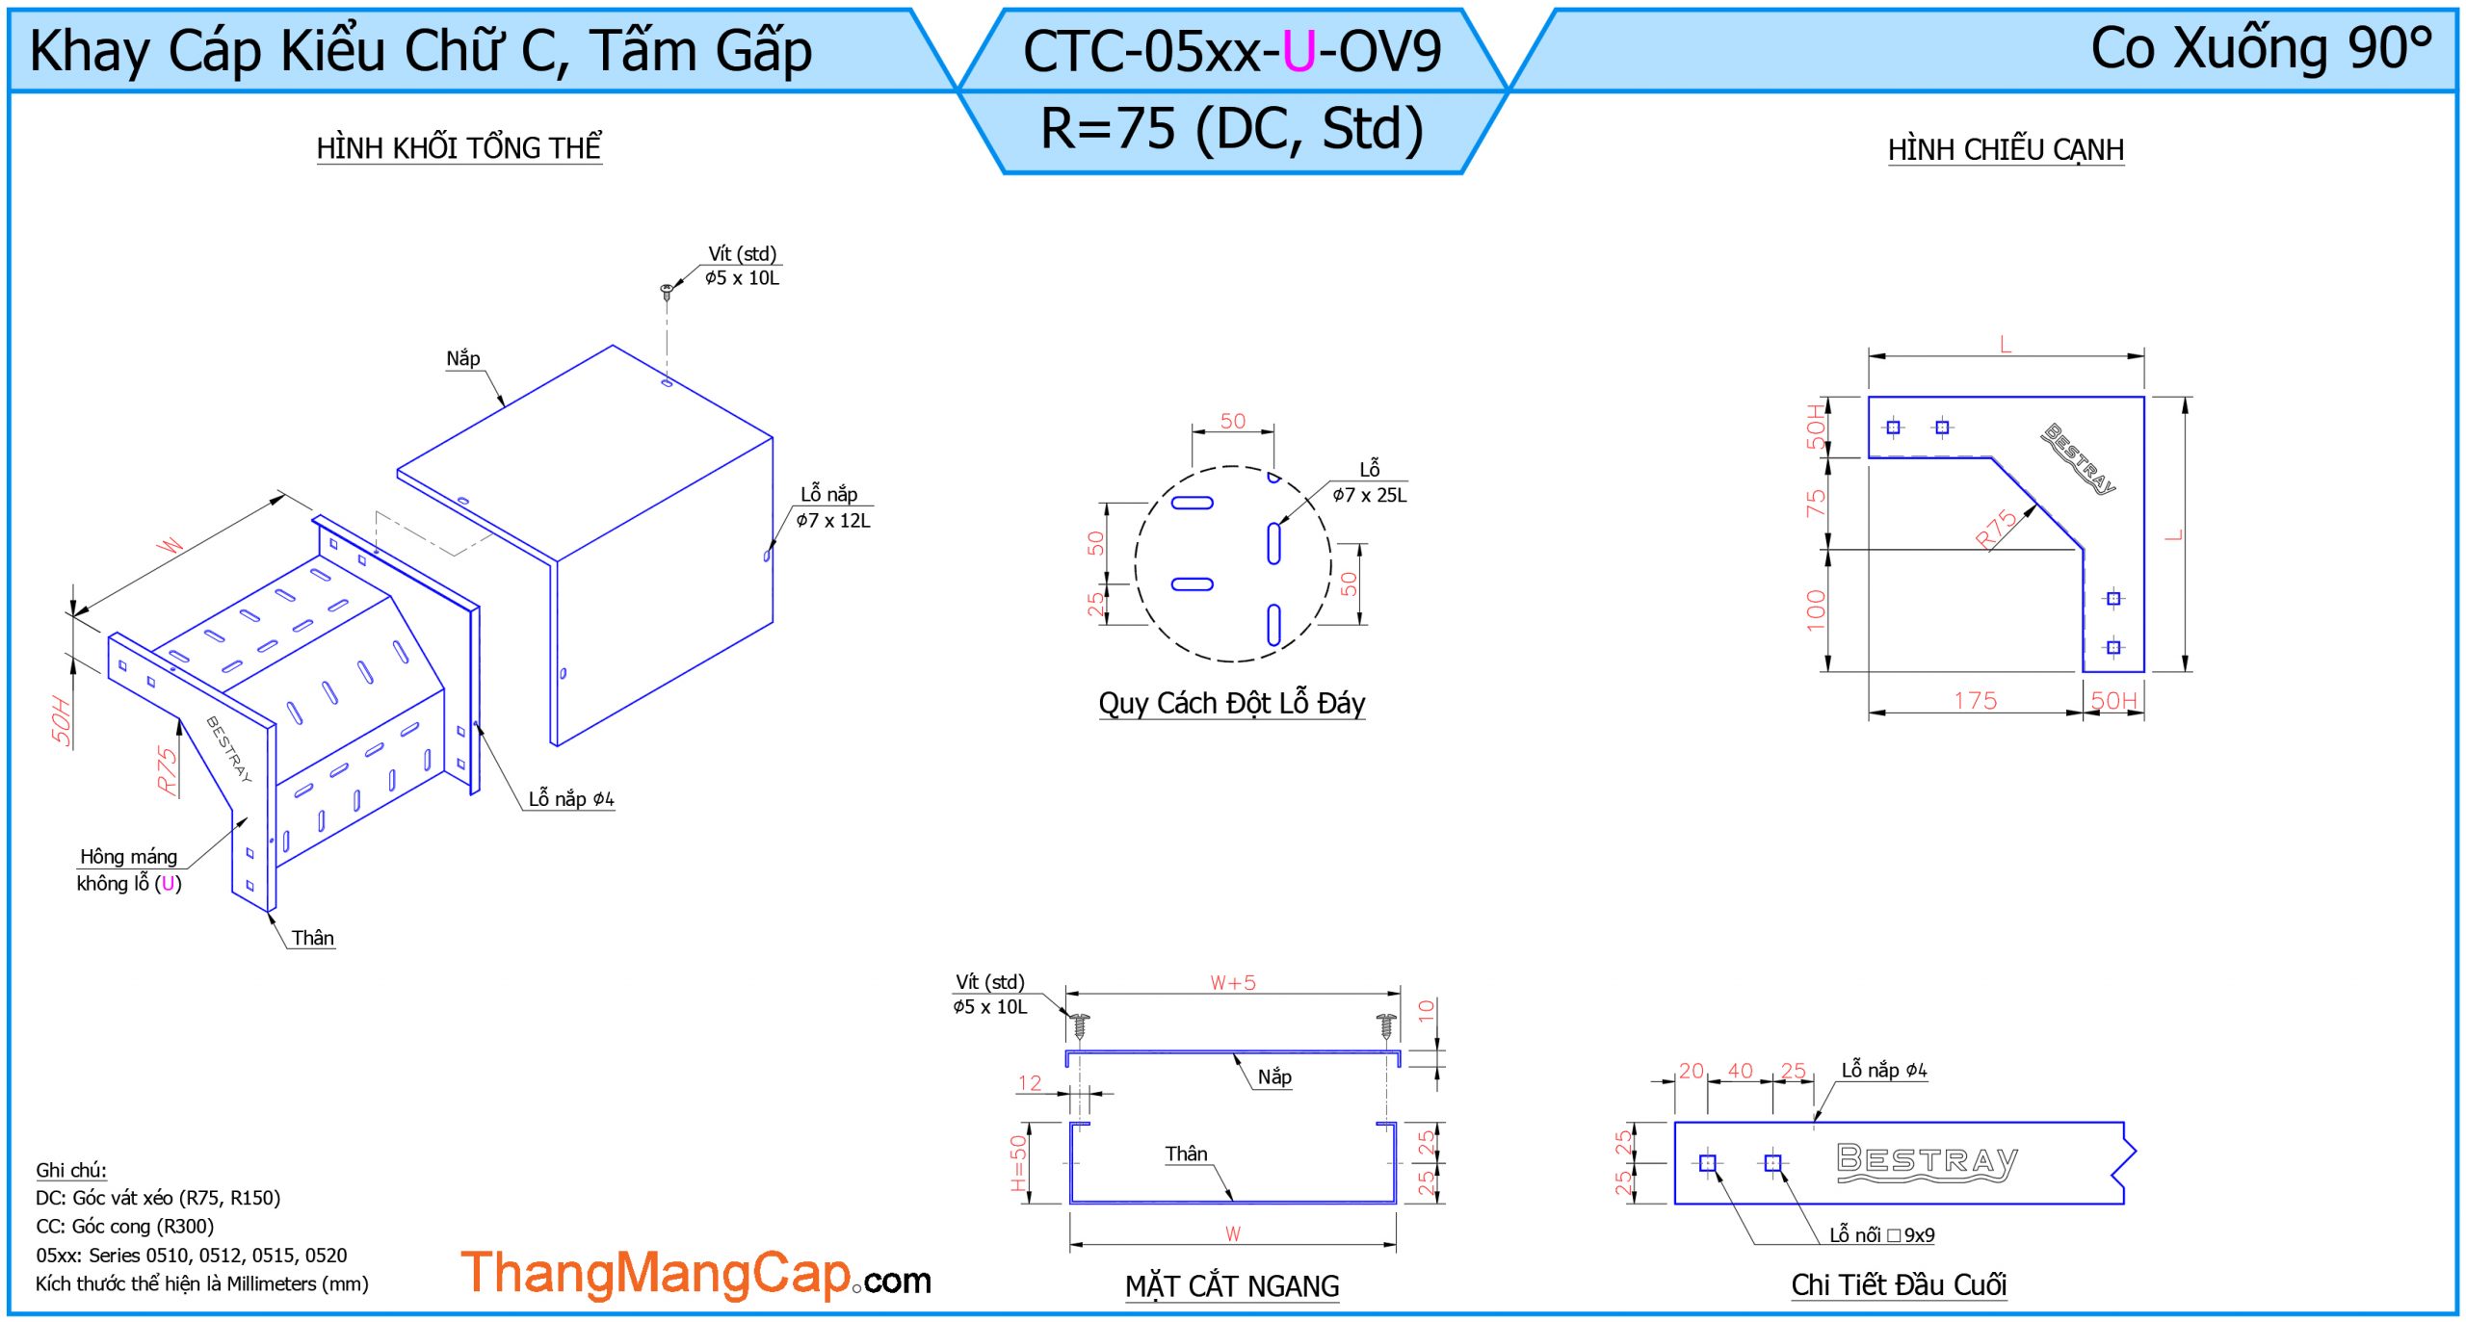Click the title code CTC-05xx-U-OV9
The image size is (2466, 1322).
[x=1231, y=50]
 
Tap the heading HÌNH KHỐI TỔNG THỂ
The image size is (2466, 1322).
[x=459, y=147]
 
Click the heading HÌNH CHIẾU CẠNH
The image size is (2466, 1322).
[x=2006, y=150]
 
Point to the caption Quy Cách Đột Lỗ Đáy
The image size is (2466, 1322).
[x=1232, y=704]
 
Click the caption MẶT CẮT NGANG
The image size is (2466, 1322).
[x=1232, y=1285]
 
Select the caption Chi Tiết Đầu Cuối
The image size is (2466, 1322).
[x=1899, y=1284]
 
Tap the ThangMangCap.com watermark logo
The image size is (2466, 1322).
[x=695, y=1273]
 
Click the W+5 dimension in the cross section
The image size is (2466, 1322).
[x=1233, y=983]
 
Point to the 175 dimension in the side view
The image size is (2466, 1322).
[x=1976, y=701]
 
